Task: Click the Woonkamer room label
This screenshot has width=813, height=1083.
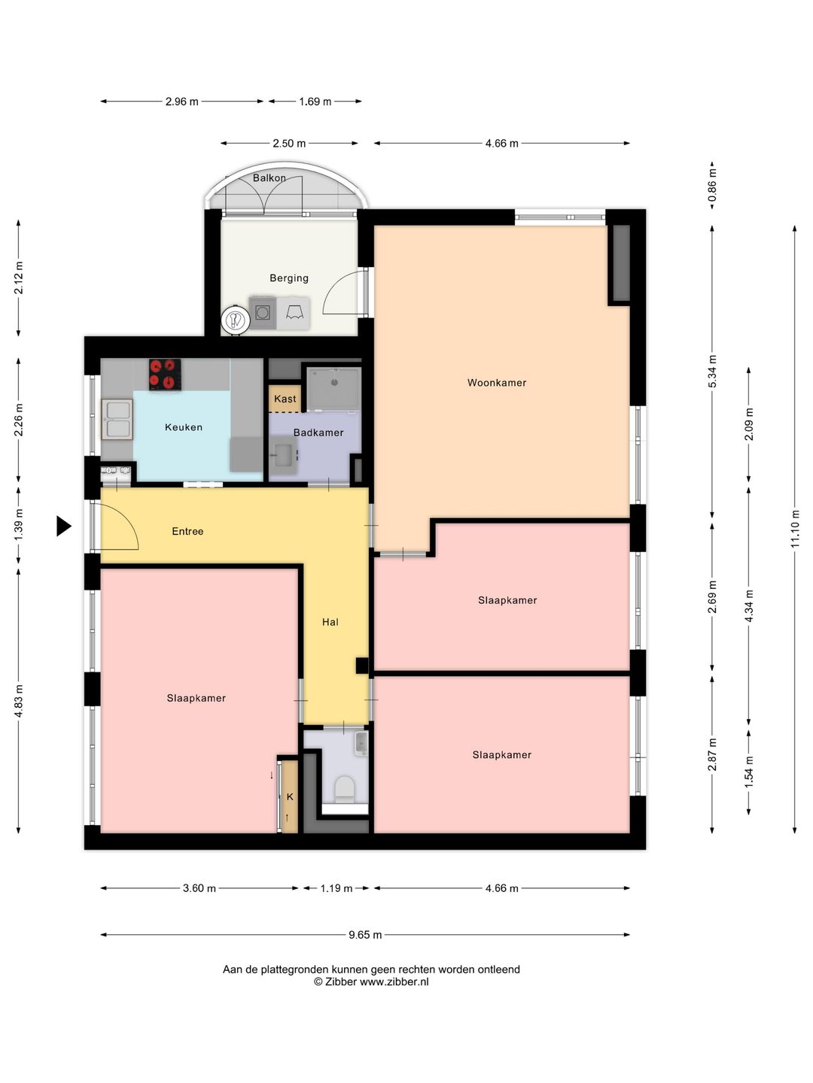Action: (x=497, y=382)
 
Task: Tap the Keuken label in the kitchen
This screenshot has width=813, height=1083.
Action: (x=184, y=427)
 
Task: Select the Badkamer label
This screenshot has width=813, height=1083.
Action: (x=318, y=432)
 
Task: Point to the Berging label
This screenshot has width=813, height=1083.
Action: (x=289, y=278)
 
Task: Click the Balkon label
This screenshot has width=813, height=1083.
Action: (x=269, y=178)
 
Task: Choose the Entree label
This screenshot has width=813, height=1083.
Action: (x=187, y=532)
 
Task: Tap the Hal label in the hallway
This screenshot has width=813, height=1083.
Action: (x=330, y=622)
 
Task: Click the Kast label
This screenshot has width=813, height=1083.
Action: (x=285, y=399)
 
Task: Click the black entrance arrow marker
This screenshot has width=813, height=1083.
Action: (x=64, y=526)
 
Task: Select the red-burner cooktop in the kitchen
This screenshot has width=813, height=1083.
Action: (x=165, y=375)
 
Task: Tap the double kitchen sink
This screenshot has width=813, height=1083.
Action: (x=117, y=420)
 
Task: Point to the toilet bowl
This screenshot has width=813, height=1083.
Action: (x=345, y=790)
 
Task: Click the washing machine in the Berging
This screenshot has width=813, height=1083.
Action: (x=262, y=312)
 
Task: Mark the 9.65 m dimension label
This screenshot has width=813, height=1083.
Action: (x=365, y=935)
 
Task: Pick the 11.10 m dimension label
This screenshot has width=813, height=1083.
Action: (x=794, y=528)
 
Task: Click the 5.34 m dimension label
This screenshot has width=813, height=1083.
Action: (x=712, y=372)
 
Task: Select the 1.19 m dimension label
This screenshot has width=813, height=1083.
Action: (x=336, y=889)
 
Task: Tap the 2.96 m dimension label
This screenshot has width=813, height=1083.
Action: (x=181, y=102)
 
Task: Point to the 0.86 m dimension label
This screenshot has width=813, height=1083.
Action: (x=712, y=186)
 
